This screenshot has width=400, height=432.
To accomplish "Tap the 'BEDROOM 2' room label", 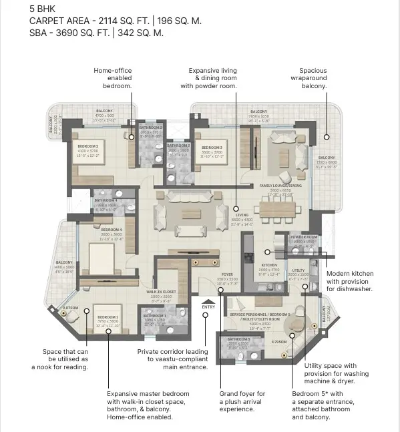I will [x=87, y=146].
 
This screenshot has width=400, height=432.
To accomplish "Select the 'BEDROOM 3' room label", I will [x=212, y=147].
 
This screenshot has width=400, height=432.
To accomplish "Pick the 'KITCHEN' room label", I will [x=268, y=265].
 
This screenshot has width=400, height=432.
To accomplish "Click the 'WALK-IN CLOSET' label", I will [x=160, y=292].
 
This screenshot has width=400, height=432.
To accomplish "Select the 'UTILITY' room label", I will [x=298, y=270].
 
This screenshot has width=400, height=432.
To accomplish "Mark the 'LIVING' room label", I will [x=242, y=215].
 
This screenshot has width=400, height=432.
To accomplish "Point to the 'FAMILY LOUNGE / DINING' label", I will [x=280, y=186].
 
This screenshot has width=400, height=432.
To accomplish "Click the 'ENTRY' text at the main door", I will [x=208, y=307].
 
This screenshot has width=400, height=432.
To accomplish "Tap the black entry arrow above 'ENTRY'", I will [x=208, y=300].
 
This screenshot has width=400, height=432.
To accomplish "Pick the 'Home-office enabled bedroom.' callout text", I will [x=113, y=78].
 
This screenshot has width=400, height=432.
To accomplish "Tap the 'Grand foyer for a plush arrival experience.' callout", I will [x=242, y=402].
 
